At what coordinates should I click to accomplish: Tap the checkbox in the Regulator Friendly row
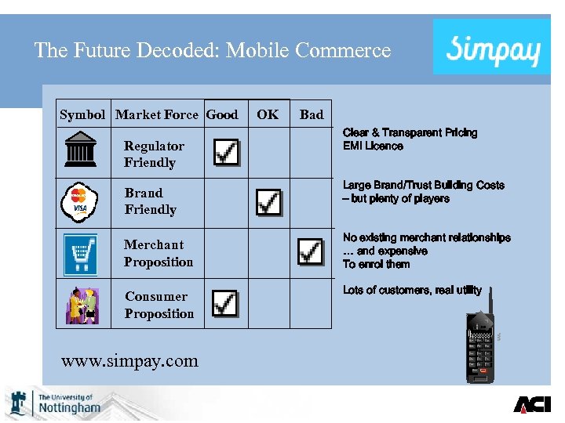point(226,152)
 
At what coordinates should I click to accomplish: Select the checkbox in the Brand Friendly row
point(268,202)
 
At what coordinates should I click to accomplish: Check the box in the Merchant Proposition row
point(310,251)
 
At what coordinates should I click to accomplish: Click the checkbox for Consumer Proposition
point(225,302)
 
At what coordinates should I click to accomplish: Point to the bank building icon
point(81,149)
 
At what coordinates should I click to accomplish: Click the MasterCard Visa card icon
point(79,202)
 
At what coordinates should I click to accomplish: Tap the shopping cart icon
point(80,253)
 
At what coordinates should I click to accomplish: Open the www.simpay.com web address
point(129,360)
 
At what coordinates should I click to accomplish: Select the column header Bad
point(312,114)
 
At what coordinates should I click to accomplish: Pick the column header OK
point(268,114)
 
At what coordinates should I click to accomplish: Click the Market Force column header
point(156,114)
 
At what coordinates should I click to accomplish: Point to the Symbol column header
point(82,114)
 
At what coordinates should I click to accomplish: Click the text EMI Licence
point(373,146)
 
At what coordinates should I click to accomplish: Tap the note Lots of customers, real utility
point(412,291)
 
